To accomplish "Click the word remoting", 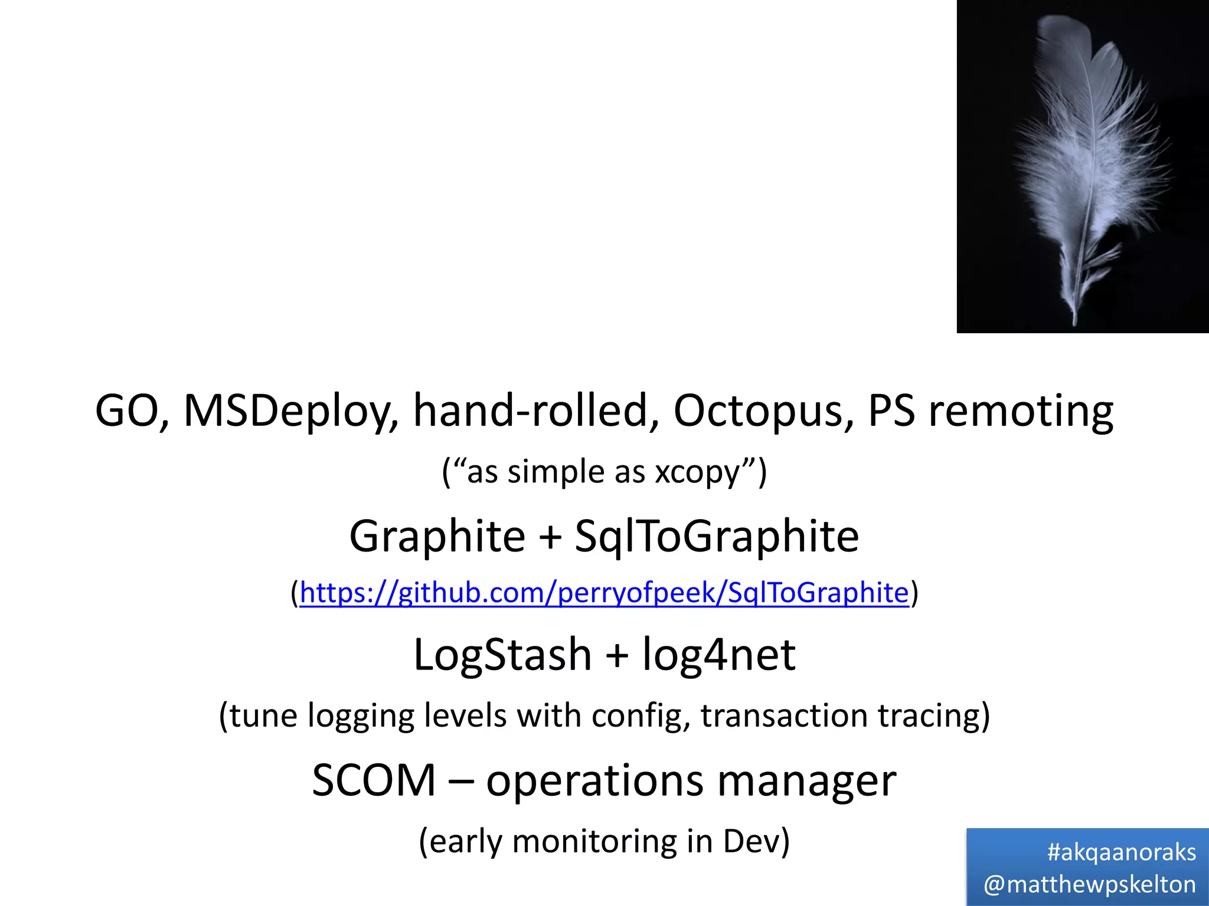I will pyautogui.click(x=1021, y=411).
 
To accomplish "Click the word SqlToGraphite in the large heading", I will pyautogui.click(x=717, y=536).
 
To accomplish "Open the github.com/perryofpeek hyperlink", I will pyautogui.click(x=604, y=592).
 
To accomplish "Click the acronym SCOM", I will pyautogui.click(x=374, y=781).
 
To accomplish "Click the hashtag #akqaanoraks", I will pyautogui.click(x=1121, y=852).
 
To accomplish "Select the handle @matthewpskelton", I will pyautogui.click(x=1090, y=884).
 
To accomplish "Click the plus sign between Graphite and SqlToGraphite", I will pyautogui.click(x=550, y=537).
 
